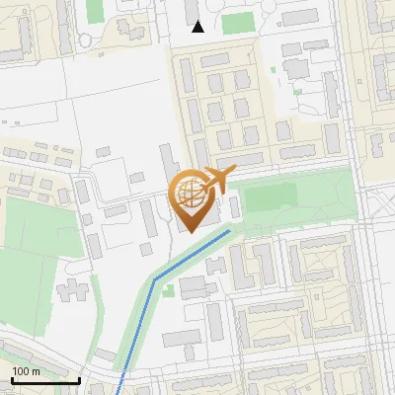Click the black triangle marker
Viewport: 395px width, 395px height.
pos(197,27)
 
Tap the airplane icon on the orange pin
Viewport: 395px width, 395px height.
pos(216,180)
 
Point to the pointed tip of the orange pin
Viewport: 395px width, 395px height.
pos(190,232)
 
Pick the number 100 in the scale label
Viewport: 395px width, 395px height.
pos(22,371)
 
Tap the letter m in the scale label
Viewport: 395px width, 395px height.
pos(36,371)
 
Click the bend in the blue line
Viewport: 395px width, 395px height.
pos(154,278)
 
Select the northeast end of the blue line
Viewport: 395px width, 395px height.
pos(230,231)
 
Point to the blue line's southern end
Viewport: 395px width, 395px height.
pos(118,393)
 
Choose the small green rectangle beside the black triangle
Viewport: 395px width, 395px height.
pos(237,23)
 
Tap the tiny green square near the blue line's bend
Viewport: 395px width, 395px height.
pos(169,290)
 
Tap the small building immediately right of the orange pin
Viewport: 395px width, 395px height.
pos(235,207)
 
